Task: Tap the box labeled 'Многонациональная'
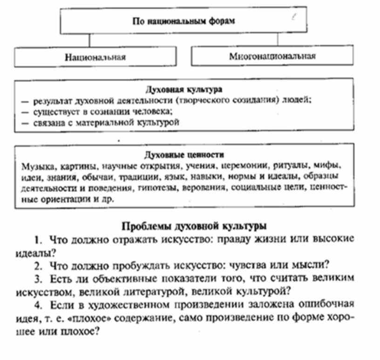(272, 57)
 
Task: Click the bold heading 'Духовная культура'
(184, 88)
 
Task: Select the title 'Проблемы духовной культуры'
(194, 227)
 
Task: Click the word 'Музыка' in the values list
(35, 165)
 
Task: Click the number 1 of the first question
(37, 240)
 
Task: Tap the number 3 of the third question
(37, 278)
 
